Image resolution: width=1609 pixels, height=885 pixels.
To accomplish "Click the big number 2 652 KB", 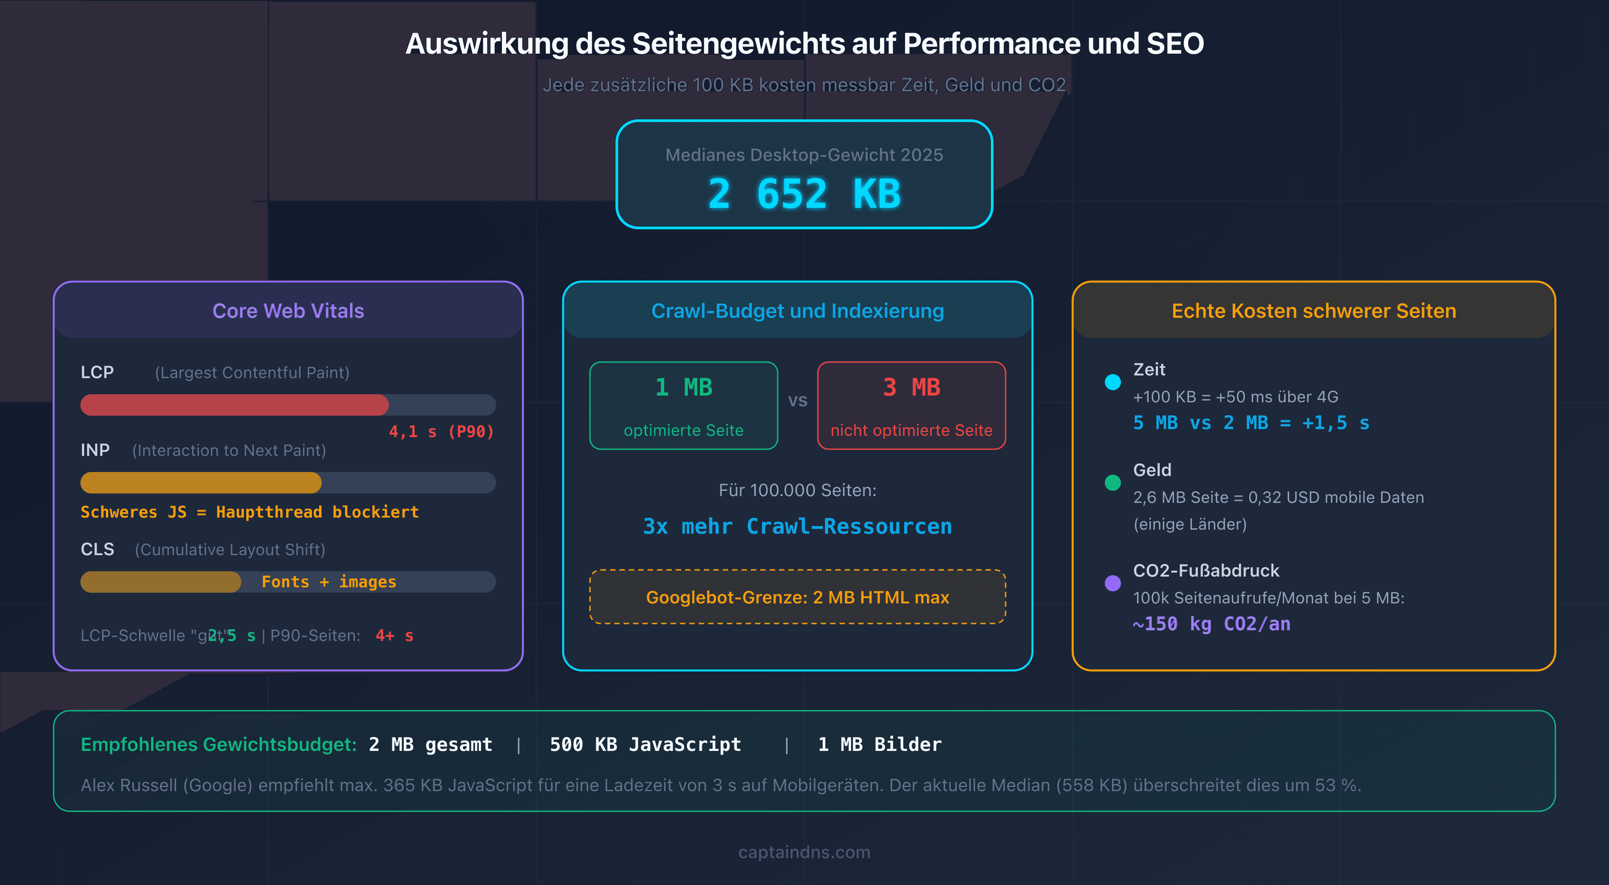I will click(804, 194).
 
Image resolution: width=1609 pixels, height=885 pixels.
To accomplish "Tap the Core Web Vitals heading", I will click(288, 311).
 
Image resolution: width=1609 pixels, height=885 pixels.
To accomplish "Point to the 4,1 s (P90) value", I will click(441, 432).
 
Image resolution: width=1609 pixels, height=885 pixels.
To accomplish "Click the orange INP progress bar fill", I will click(201, 483).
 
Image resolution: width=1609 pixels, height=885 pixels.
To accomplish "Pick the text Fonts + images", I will click(329, 582).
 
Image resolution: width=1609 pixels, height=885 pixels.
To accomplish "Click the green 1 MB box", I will click(683, 405).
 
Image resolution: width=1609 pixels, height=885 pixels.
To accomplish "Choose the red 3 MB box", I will click(911, 405).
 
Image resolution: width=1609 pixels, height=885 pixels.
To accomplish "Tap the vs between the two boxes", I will click(798, 400).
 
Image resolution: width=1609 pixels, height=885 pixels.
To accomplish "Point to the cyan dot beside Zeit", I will click(1112, 382).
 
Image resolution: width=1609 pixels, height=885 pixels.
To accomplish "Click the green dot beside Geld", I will click(1112, 483).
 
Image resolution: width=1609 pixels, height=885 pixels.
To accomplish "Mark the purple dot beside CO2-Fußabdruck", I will click(1112, 583).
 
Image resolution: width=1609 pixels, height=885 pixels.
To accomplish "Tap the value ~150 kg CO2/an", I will click(1211, 624).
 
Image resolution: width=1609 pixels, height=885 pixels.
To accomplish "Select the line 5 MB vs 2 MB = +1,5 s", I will click(1251, 423).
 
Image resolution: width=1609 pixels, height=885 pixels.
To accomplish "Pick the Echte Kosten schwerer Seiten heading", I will click(1314, 311).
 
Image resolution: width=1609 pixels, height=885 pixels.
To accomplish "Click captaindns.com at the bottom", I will click(804, 852).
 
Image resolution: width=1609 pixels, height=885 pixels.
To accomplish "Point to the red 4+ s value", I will click(394, 636).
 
